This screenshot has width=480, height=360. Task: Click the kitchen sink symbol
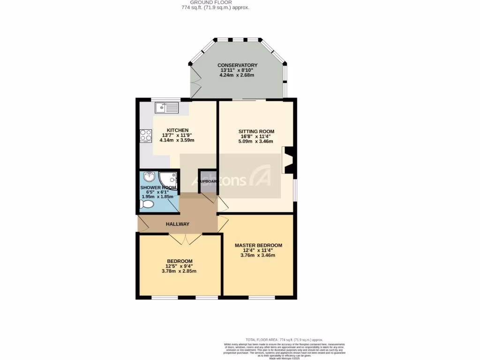pos(167,108)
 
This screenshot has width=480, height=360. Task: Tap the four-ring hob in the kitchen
pos(146,135)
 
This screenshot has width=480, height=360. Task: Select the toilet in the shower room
pos(147,205)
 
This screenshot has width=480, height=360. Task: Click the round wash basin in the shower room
pos(149,177)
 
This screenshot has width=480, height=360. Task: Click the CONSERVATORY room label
pos(237,65)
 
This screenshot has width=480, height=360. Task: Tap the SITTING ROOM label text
pos(256,132)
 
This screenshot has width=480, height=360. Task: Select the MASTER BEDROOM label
pos(258,246)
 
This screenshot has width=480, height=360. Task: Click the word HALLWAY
pos(178,225)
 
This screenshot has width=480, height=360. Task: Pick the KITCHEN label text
pos(177,130)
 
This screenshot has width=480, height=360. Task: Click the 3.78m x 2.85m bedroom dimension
pos(179,271)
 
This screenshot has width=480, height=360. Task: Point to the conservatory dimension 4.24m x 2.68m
pos(237,75)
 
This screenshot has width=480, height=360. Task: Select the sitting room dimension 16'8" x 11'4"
pos(256,136)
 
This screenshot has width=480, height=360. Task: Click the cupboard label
pos(207,181)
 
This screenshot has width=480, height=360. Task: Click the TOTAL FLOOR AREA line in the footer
pos(284,340)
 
